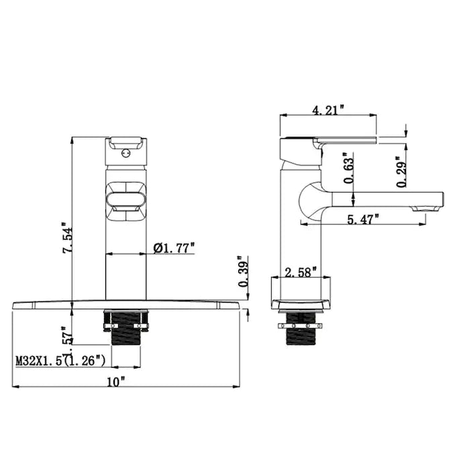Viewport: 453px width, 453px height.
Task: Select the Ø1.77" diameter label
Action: [x=174, y=248]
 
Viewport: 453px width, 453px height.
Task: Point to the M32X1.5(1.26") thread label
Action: [x=60, y=361]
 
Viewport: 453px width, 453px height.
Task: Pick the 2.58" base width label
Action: [x=300, y=272]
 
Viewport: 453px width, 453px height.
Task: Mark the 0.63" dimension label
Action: [x=347, y=168]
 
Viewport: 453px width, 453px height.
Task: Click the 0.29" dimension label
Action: [x=400, y=172]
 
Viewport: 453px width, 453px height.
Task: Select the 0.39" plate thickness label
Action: [x=244, y=272]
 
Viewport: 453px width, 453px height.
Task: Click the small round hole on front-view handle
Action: [x=125, y=154]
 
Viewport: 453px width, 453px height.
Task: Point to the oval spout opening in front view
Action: [x=125, y=199]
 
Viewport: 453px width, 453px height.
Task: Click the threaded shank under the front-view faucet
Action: [x=125, y=329]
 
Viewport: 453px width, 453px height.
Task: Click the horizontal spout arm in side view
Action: [x=383, y=199]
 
